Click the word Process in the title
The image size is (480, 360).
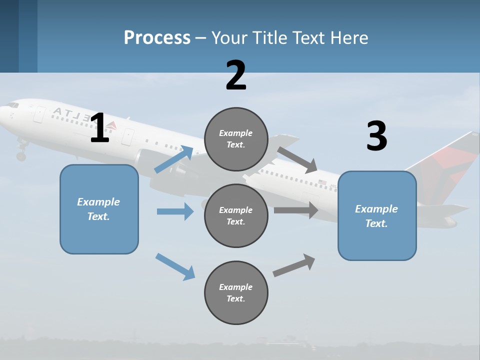tap(157, 37)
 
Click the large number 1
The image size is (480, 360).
tap(99, 128)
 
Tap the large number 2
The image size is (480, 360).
tap(236, 75)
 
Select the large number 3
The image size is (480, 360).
tap(376, 136)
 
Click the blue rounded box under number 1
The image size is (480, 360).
tap(99, 209)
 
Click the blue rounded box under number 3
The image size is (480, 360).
tap(377, 216)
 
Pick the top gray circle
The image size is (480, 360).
tap(236, 139)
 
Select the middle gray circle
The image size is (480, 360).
tap(236, 216)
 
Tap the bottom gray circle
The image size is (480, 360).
tap(236, 293)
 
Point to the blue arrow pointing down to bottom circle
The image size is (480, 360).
tap(175, 266)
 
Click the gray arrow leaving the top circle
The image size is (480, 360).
tap(297, 159)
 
